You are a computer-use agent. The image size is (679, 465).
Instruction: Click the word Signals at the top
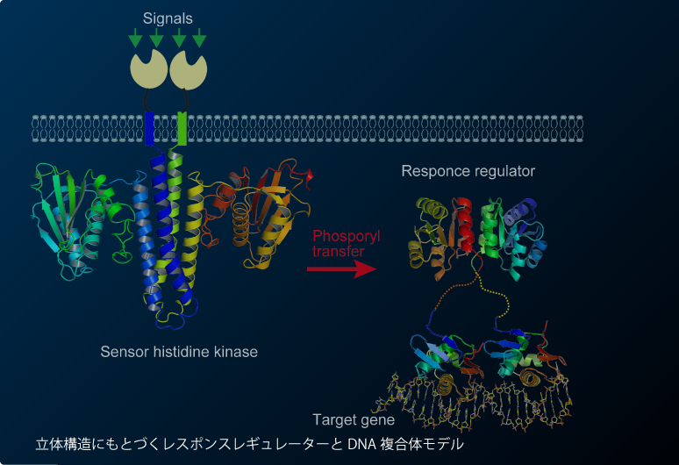tap(169, 18)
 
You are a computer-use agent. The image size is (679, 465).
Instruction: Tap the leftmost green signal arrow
tap(135, 38)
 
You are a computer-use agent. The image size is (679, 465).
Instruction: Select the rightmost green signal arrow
tap(200, 38)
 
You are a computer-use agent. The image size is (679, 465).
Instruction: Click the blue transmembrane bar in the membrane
tap(149, 128)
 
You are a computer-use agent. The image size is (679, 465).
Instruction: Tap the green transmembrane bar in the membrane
tap(182, 128)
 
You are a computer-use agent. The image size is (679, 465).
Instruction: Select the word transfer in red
tap(335, 252)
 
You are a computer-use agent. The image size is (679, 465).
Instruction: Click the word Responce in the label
tap(432, 171)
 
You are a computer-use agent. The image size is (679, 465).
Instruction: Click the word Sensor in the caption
tap(120, 352)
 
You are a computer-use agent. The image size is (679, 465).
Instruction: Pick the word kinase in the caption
tap(238, 352)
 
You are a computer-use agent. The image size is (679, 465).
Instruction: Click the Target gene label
tap(354, 419)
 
